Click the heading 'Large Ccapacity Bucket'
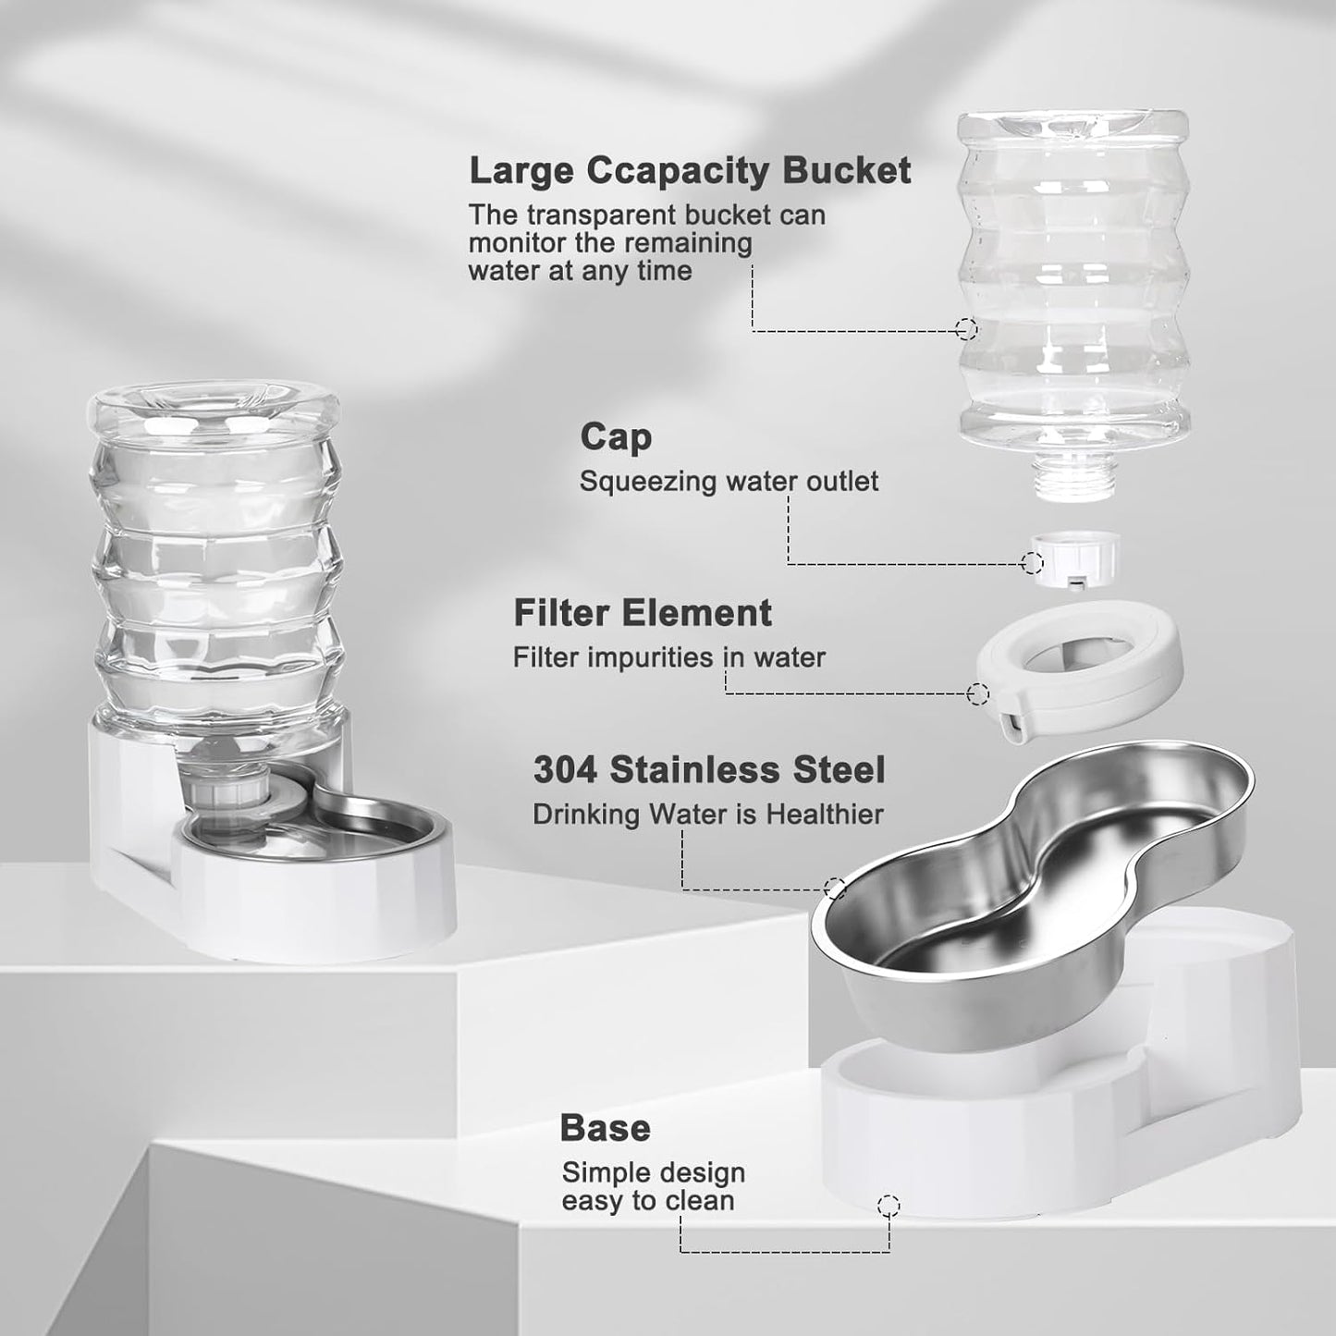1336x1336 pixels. coord(690,171)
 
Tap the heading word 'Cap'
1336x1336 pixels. coord(616,437)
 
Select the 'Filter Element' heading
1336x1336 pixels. coord(643,613)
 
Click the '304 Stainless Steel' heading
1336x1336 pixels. coord(709,770)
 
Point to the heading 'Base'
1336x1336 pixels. coord(605,1128)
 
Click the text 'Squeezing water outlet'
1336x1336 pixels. coord(729,482)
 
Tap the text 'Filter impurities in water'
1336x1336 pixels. coord(668,657)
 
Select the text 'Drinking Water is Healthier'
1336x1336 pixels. coord(707,815)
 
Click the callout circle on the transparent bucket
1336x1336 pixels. coord(967,328)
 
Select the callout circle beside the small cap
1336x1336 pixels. coord(1033,562)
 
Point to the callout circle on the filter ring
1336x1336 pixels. coord(977,693)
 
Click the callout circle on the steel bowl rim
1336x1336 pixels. coord(835,889)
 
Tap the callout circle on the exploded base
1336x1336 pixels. coord(889,1205)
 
